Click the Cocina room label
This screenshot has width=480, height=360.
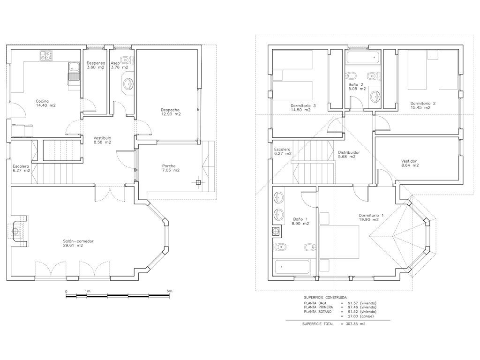click(x=42, y=101)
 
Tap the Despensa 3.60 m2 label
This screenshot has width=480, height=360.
click(x=96, y=65)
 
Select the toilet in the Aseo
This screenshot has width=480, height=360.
click(x=127, y=59)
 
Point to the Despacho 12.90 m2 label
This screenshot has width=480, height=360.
click(x=171, y=112)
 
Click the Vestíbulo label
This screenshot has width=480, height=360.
click(x=102, y=138)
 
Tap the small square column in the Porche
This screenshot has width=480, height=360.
click(x=198, y=182)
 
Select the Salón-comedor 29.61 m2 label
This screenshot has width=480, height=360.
click(x=78, y=243)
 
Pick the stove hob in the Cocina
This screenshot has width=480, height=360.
click(x=46, y=55)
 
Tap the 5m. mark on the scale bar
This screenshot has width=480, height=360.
click(x=170, y=291)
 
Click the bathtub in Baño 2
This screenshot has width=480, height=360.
click(x=363, y=57)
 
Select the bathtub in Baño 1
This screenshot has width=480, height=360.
click(x=292, y=267)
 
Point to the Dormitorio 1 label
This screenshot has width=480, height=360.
click(x=371, y=215)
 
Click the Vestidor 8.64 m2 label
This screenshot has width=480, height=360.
click(x=410, y=163)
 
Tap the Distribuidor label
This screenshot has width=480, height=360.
click(x=349, y=152)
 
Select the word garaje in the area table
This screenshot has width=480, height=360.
click(x=367, y=316)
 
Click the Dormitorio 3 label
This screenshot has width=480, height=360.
click(x=303, y=105)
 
